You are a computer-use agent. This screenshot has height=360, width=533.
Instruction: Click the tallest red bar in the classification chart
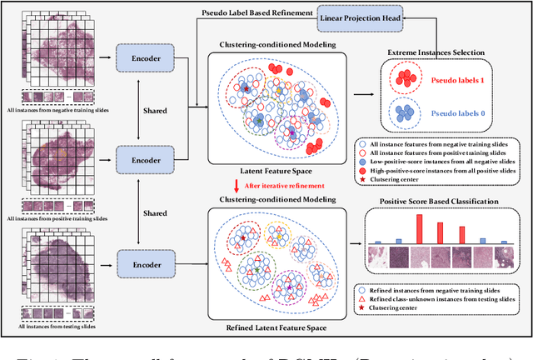(419, 228)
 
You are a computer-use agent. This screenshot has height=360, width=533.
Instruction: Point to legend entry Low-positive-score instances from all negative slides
(446, 156)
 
